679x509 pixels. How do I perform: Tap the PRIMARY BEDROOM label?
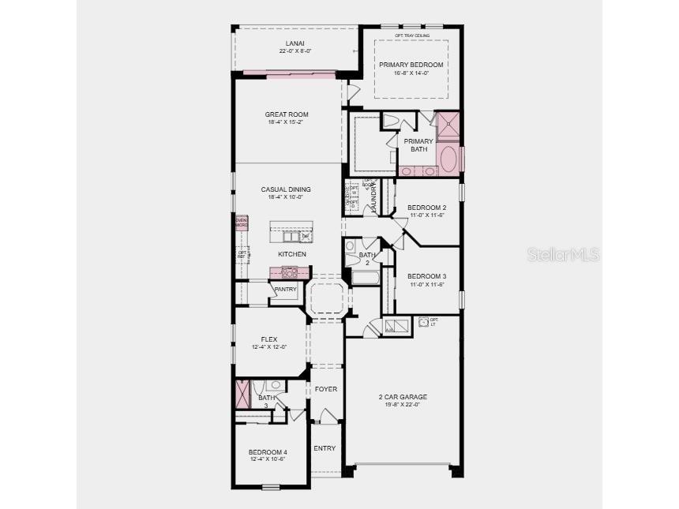coord(411,65)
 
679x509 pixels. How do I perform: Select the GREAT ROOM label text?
coord(287,114)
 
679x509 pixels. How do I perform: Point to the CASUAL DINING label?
coord(286,189)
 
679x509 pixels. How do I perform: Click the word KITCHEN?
coord(291,254)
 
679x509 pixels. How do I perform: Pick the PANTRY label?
coord(285,290)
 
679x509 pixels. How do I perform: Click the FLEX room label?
coord(269,339)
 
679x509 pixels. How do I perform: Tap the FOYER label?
coord(326,389)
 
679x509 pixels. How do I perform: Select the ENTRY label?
coord(324,448)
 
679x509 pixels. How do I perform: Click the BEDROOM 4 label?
coord(268,452)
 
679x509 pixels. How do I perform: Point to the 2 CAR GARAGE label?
coord(403,397)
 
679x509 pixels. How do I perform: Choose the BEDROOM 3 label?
coord(426,276)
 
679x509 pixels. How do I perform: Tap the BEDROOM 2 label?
coord(426,208)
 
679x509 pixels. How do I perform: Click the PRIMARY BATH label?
coord(418,145)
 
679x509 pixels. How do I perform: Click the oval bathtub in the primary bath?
coord(448,158)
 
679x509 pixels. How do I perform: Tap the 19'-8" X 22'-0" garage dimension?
coord(403,405)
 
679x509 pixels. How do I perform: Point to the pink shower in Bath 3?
coord(243,393)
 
